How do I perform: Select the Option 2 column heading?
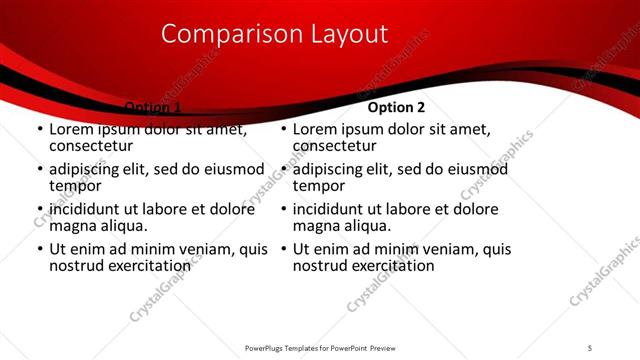(396, 107)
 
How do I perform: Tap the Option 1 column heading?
(152, 107)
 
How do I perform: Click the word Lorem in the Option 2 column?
(316, 129)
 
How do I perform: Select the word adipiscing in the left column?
(89, 169)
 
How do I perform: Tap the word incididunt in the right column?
(333, 209)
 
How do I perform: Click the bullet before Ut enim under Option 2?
(283, 250)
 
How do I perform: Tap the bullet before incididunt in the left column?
(39, 210)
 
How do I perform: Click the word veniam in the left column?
(202, 249)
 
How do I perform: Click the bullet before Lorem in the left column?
(39, 130)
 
